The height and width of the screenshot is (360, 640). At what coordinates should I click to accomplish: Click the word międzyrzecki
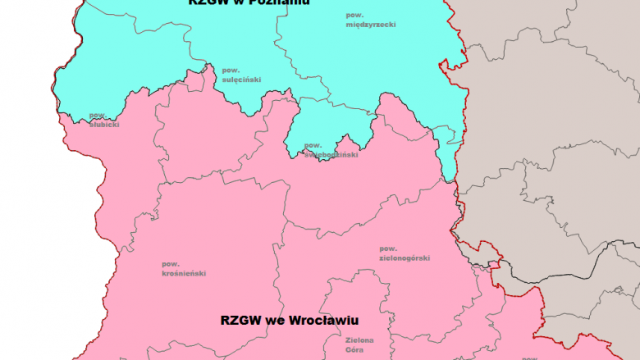tap(371, 25)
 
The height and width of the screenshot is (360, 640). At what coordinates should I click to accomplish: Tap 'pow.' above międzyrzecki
tap(355, 15)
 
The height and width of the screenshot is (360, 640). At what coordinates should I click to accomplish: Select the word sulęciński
tap(241, 80)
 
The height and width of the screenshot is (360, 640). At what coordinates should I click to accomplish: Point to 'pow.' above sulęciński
tap(230, 70)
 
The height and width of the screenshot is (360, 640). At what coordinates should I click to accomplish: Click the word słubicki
tap(104, 125)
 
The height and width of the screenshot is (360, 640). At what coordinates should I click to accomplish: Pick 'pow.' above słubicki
tap(98, 115)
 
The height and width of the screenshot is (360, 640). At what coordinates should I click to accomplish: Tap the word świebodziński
tap(331, 154)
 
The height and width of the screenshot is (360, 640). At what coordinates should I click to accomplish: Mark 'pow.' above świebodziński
tap(313, 146)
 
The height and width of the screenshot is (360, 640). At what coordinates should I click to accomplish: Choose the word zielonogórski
tap(405, 257)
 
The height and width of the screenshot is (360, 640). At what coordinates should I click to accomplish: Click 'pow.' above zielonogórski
tap(388, 248)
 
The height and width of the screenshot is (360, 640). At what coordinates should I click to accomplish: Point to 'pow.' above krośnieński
tap(171, 263)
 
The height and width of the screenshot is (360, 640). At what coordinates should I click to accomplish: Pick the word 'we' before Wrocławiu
tap(277, 320)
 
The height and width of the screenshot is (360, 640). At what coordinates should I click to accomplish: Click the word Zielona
tap(359, 339)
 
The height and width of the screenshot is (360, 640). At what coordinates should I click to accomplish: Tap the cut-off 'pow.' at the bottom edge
tap(530, 358)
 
